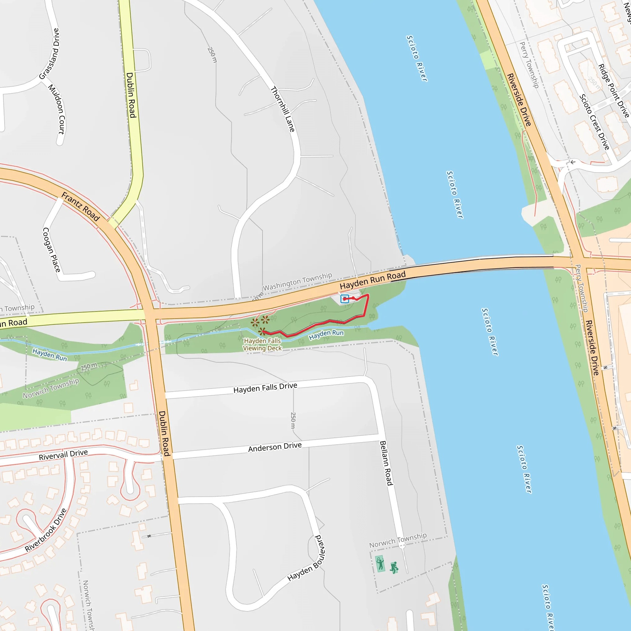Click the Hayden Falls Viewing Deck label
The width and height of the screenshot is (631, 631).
(263, 344)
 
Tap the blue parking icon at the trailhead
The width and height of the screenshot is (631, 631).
(344, 299)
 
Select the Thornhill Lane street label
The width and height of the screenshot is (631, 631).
(283, 109)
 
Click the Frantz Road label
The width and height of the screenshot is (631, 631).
(81, 207)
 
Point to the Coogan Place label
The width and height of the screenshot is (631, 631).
(51, 250)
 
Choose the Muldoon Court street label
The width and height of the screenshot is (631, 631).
(57, 109)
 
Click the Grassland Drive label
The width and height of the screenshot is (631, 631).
(49, 54)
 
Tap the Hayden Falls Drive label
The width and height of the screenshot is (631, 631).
(265, 388)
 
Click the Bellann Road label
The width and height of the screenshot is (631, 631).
(386, 463)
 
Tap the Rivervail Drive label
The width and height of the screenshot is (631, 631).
(63, 455)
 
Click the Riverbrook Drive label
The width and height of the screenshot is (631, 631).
(46, 530)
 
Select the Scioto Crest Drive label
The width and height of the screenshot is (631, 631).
(594, 122)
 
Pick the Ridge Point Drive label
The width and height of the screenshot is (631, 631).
(613, 91)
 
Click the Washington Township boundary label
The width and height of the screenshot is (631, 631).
(297, 282)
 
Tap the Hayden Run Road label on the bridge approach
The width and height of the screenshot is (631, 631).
(373, 280)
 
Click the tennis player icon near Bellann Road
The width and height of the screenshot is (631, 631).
(380, 564)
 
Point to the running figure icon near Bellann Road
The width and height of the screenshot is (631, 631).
(394, 567)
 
